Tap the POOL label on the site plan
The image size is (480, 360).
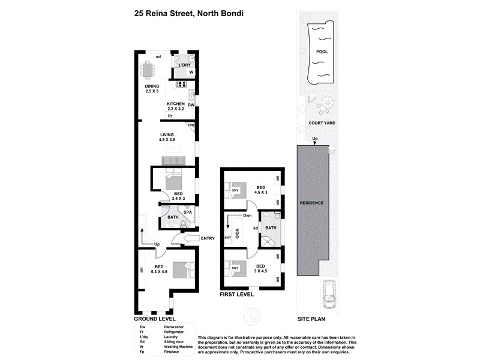(x=322, y=52)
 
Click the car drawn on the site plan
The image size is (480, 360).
(x=329, y=292)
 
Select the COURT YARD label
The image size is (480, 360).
(x=322, y=123)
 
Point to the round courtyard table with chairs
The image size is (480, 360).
(x=326, y=105)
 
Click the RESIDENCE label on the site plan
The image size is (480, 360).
(x=311, y=203)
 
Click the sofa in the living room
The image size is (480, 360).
(x=175, y=160)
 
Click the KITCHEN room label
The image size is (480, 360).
(x=176, y=104)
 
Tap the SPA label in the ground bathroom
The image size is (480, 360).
(x=187, y=212)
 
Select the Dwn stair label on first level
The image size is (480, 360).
(x=247, y=215)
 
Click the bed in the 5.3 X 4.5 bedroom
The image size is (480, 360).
(x=182, y=269)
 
